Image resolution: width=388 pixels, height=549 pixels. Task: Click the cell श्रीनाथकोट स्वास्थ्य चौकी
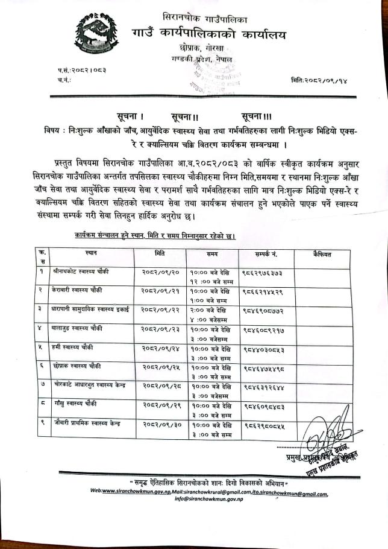(x=81, y=272)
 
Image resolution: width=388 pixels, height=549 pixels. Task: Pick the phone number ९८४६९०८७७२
(x=263, y=310)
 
